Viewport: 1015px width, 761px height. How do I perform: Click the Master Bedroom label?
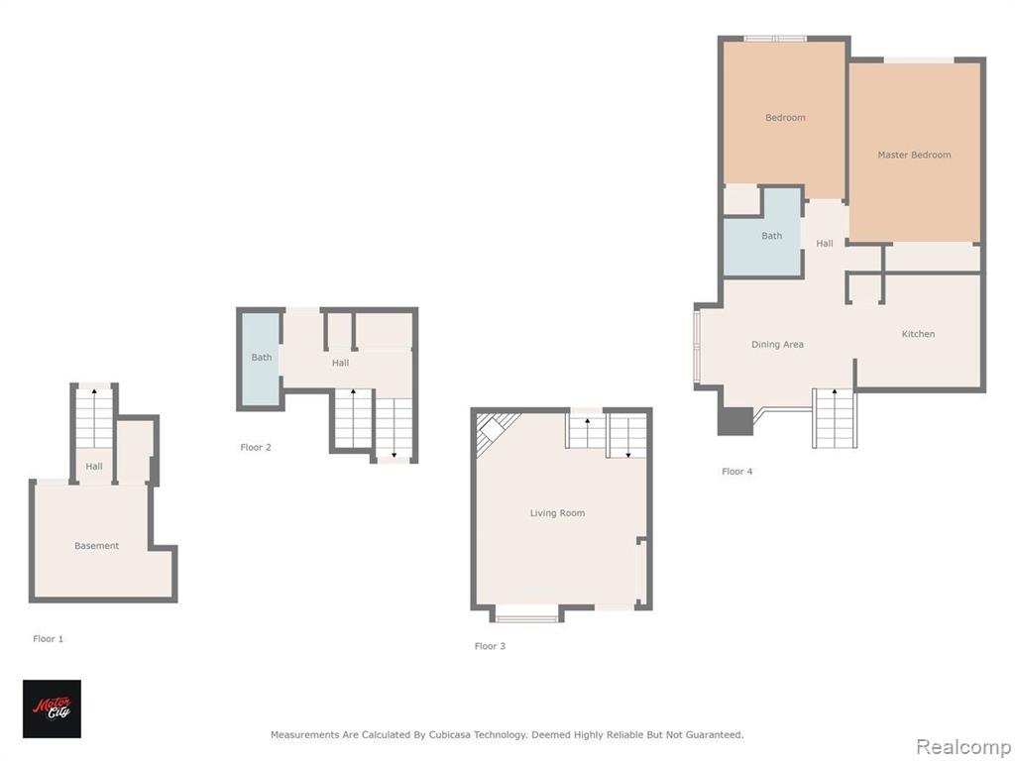point(914,155)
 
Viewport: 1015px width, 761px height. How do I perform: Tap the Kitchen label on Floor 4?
point(918,334)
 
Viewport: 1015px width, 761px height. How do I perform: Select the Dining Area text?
point(777,344)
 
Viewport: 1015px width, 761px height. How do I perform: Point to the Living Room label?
point(557,513)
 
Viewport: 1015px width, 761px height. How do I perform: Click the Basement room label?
point(96,546)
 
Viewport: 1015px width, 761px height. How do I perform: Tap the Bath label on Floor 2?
point(262,357)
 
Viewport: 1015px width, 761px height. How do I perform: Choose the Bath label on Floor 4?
point(771,236)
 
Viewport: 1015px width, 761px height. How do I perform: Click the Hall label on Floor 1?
point(94,466)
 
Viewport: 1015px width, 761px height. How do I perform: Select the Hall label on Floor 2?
point(341,363)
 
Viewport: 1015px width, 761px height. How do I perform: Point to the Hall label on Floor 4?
point(825,244)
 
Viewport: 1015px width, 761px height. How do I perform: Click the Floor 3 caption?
point(490,646)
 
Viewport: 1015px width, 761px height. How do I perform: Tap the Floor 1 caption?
point(48,639)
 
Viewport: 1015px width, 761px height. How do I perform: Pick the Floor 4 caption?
point(737,471)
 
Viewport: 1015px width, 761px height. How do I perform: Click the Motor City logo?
point(52,708)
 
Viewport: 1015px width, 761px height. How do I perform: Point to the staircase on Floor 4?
point(835,418)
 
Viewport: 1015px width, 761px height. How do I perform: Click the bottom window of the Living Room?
point(527,618)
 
